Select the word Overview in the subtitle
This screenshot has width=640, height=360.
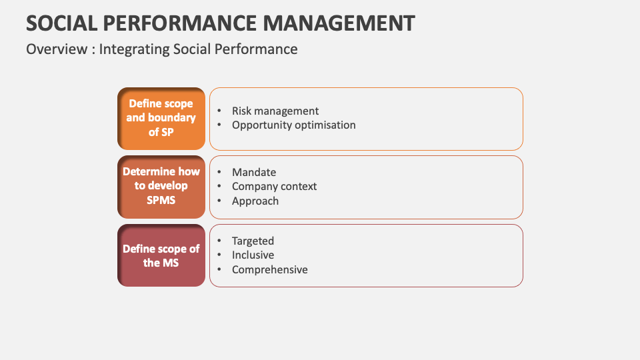[55, 49]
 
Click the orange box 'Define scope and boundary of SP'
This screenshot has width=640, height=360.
[161, 118]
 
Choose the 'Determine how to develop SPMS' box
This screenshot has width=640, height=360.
[161, 187]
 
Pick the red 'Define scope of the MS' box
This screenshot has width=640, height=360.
[161, 255]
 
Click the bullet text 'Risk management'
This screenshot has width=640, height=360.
[275, 111]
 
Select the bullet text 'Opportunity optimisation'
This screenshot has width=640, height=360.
[293, 125]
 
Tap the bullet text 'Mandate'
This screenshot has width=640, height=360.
[254, 173]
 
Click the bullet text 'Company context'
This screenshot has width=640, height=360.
[274, 187]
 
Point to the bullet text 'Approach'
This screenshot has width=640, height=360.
[255, 201]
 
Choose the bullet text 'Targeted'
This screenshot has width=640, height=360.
[253, 241]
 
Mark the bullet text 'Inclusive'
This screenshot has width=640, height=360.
[253, 255]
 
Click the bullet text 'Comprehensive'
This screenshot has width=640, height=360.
[269, 270]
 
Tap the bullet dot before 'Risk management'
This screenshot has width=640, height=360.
[219, 111]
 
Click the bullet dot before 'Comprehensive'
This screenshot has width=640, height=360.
[219, 270]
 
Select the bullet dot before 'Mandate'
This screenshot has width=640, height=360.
[219, 173]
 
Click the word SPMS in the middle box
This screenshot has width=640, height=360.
[161, 200]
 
